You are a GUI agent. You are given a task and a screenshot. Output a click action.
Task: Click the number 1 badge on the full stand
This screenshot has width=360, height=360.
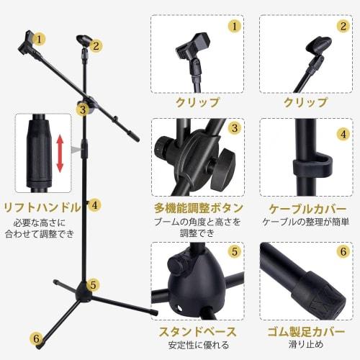pos(39,38)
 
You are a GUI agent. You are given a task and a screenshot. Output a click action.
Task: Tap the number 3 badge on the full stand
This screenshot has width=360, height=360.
pos(83,109)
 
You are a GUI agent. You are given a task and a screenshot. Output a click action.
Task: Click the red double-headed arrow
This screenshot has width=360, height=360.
pos(60,154)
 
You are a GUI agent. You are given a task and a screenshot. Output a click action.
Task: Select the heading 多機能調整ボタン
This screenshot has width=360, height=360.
pos(197,207)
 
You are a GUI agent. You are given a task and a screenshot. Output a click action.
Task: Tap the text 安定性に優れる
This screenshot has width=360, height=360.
pos(197,347)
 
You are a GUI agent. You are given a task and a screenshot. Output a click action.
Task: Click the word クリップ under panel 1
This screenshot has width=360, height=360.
pos(197,102)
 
